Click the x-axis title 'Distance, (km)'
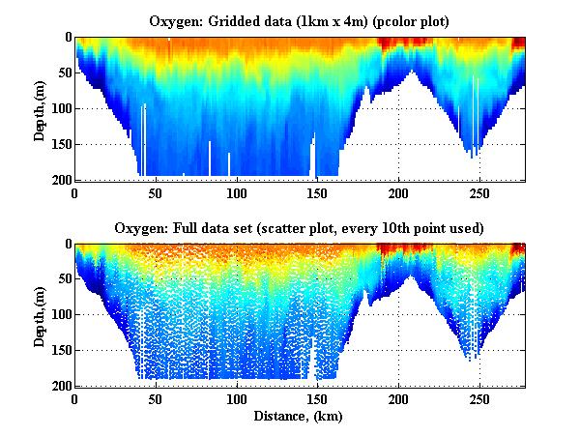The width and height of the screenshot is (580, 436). [x=300, y=417]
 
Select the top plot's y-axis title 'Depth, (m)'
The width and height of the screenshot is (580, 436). [x=40, y=108]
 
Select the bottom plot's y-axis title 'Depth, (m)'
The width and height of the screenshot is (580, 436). [x=40, y=315]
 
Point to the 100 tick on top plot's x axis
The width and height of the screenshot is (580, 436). [x=238, y=192]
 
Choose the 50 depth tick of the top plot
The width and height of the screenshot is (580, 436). [x=63, y=73]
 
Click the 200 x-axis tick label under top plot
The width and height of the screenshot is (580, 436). [x=399, y=192]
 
